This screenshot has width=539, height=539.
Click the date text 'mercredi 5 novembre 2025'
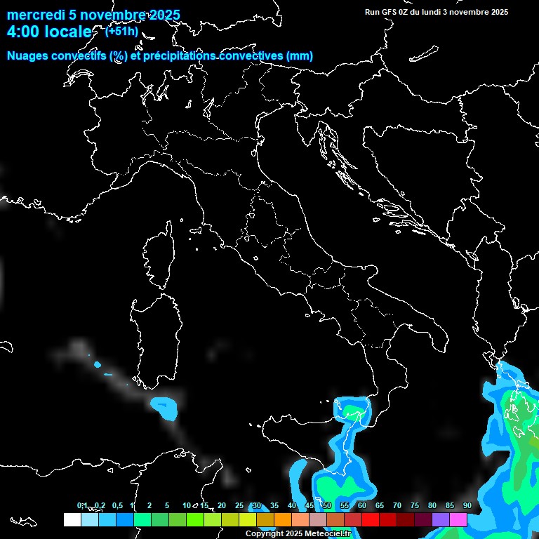click(93, 15)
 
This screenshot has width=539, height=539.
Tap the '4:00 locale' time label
click(49, 32)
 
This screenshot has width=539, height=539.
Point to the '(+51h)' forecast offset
click(122, 31)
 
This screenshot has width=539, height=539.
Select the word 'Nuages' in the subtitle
click(27, 56)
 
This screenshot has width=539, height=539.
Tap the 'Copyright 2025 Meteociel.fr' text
click(298, 534)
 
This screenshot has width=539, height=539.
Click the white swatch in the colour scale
click(72, 520)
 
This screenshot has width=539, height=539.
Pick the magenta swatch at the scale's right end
click(458, 520)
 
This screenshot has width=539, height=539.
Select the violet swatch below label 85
click(441, 520)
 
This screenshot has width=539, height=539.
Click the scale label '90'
click(467, 505)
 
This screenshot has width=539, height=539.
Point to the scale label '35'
click(274, 505)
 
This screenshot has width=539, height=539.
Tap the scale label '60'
click(362, 505)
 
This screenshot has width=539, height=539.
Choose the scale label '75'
click(415, 505)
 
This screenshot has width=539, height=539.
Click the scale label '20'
click(222, 505)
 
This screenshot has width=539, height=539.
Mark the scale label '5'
click(167, 505)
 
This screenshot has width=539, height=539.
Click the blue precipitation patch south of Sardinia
click(164, 405)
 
